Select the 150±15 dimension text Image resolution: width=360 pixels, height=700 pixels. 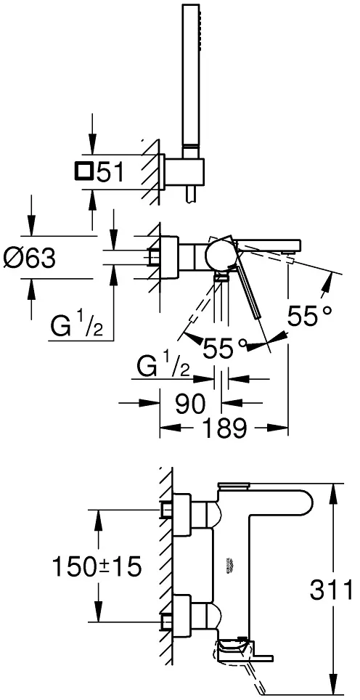(x=97, y=566)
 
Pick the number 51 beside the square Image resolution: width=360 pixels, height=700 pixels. (x=110, y=172)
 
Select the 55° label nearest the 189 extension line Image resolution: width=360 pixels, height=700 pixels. (x=310, y=317)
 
